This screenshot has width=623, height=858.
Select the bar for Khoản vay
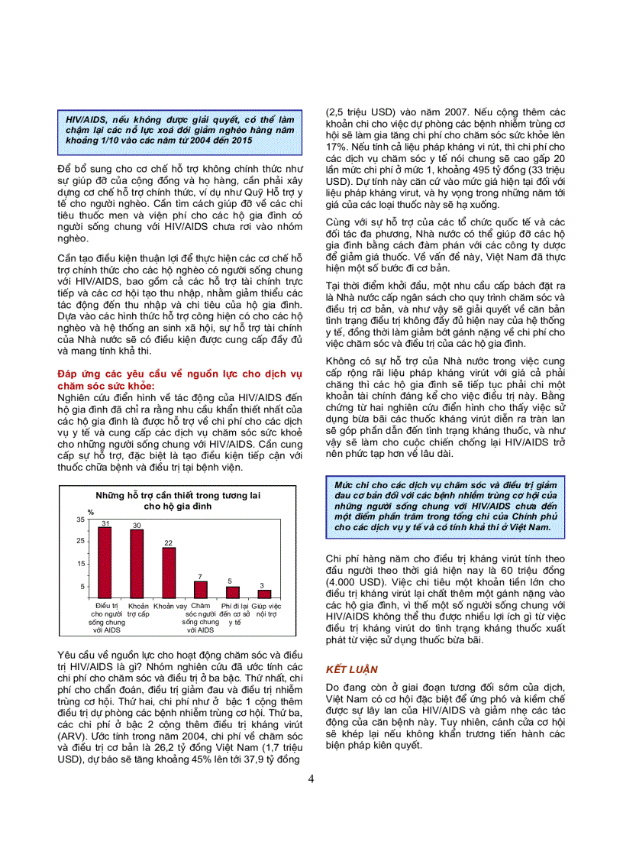click(169, 571)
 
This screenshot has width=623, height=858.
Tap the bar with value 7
click(201, 589)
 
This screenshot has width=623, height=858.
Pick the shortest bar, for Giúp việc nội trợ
click(265, 594)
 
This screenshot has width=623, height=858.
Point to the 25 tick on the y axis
click(81, 541)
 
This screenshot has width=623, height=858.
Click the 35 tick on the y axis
click(81, 520)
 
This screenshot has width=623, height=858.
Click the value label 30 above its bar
click(137, 525)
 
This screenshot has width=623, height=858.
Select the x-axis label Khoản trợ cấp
click(138, 610)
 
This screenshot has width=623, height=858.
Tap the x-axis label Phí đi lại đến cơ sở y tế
click(234, 614)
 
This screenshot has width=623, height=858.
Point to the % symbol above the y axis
click(90, 512)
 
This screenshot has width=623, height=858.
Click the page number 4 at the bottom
click(311, 779)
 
